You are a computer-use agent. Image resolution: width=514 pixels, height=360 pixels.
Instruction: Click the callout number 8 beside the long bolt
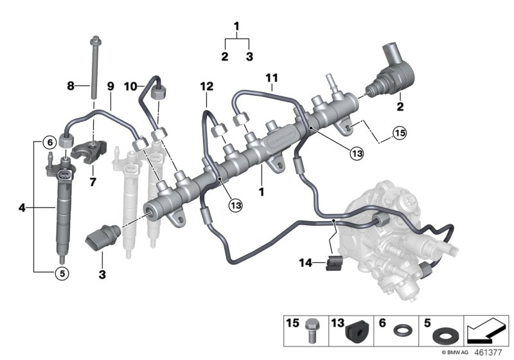point(71,85)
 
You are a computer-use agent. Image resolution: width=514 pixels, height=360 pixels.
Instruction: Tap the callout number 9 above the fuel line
point(110,85)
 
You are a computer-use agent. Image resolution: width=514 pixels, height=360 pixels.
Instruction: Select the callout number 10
point(129,85)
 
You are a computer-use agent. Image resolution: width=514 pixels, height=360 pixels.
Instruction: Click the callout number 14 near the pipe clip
point(307,262)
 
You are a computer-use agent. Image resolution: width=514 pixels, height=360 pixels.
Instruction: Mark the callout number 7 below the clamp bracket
point(93,183)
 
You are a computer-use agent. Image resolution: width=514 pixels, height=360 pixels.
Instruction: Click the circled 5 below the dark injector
point(62,273)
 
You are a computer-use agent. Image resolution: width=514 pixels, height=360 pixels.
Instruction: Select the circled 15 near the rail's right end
point(400,134)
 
